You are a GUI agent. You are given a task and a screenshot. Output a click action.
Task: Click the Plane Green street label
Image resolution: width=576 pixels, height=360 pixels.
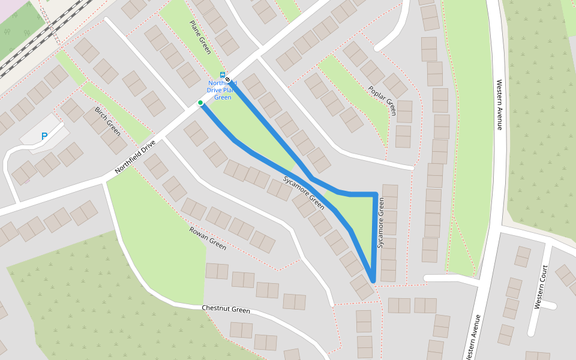point(200,37)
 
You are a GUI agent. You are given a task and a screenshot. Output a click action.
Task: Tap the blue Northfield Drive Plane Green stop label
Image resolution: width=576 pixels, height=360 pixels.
point(223,90)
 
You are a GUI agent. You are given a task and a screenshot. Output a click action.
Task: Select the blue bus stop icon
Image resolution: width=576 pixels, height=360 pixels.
point(223,75)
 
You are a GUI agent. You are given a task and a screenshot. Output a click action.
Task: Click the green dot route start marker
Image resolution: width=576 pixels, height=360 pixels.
point(200,103)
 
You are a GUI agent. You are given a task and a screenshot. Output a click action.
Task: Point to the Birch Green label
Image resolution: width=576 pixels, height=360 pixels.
point(107,122)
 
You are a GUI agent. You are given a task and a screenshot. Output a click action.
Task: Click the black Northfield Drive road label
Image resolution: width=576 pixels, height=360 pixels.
point(136,157)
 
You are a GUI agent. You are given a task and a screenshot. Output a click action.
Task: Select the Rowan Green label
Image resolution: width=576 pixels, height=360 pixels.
point(208,238)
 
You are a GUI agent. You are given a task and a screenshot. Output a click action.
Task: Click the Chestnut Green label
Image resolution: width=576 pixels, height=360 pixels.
point(226,310)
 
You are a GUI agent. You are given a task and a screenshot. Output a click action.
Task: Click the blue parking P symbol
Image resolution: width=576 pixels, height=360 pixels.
point(44,137)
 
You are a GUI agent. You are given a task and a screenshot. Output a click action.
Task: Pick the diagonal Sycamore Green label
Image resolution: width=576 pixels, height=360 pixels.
point(304,193)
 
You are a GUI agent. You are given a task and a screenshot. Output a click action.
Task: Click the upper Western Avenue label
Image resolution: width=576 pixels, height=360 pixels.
point(498,105)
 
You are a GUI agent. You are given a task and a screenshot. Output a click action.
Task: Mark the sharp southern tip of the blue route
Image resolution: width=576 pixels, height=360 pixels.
point(373,280)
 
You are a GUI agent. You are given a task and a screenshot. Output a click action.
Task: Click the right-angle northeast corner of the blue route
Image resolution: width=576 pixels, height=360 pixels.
point(376,194)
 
